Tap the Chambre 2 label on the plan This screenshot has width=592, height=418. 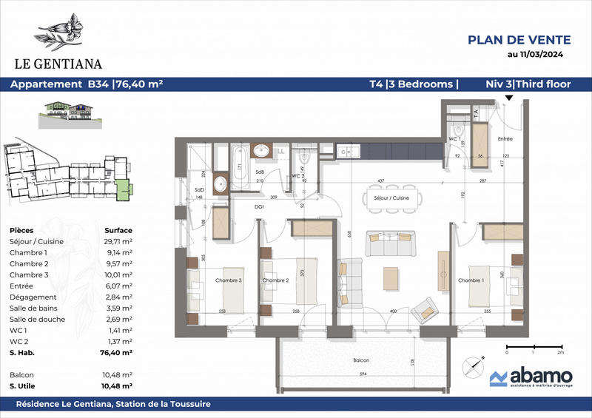[275, 280]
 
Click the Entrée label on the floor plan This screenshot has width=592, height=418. [505, 139]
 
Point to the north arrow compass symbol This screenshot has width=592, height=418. [471, 365]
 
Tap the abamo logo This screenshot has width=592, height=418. [528, 379]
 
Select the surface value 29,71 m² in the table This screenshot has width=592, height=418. [118, 241]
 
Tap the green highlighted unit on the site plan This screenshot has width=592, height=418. [126, 189]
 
